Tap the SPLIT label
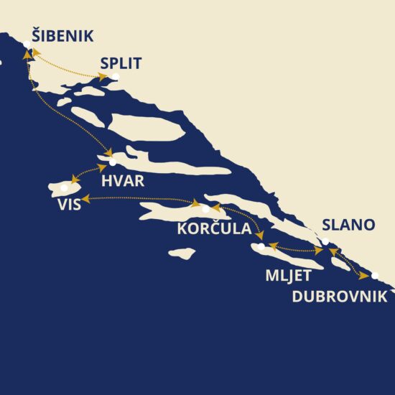[x=121, y=63]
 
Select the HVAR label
[x=123, y=181]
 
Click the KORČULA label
[x=213, y=230]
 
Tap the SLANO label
[x=348, y=225]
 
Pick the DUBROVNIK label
[x=340, y=296]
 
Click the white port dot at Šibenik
[x=27, y=45]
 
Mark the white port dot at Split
[x=116, y=76]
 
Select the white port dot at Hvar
[x=112, y=163]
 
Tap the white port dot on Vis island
[x=65, y=188]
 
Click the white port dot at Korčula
[x=206, y=209]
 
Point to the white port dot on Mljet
[x=262, y=246]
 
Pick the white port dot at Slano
[x=325, y=241]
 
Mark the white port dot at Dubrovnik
[x=375, y=274]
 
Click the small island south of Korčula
[x=182, y=253]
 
